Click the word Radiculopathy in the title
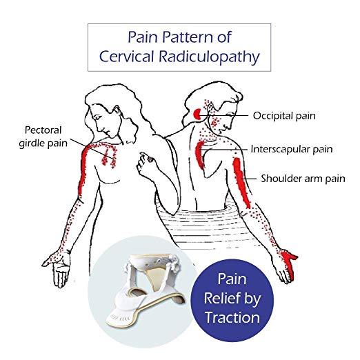click(x=210, y=57)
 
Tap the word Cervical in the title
click(x=126, y=56)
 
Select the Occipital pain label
click(x=284, y=116)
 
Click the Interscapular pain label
click(x=292, y=149)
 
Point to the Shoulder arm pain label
click(x=303, y=179)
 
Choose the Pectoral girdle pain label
click(x=43, y=137)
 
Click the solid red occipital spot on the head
click(x=197, y=114)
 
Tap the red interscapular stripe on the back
click(x=199, y=154)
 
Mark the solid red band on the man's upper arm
click(x=241, y=182)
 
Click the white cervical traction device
click(x=146, y=290)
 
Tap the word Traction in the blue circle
click(x=232, y=317)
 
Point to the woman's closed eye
click(x=98, y=117)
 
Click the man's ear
click(x=210, y=108)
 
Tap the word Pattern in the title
click(x=187, y=37)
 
